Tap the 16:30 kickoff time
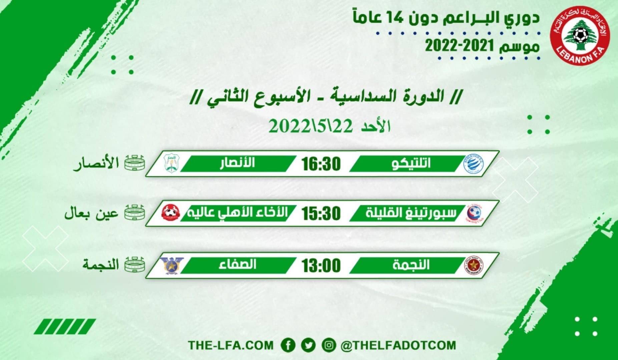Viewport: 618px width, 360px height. (321, 164)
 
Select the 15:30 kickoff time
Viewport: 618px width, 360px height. (321, 213)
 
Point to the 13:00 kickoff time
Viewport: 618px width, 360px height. (321, 266)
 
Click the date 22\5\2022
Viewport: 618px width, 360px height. (311, 127)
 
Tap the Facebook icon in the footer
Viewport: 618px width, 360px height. (288, 345)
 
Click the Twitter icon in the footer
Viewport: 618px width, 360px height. (308, 345)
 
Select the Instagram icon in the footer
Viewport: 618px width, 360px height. (329, 345)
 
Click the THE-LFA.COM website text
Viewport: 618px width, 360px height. (230, 345)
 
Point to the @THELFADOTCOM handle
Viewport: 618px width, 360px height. (398, 345)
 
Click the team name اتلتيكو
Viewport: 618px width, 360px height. (411, 163)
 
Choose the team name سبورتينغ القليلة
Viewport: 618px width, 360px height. (411, 213)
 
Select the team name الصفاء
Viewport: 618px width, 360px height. (237, 265)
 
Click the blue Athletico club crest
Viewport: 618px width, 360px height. (474, 164)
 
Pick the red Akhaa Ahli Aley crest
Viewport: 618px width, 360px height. (170, 213)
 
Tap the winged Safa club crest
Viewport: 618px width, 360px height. (171, 266)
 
